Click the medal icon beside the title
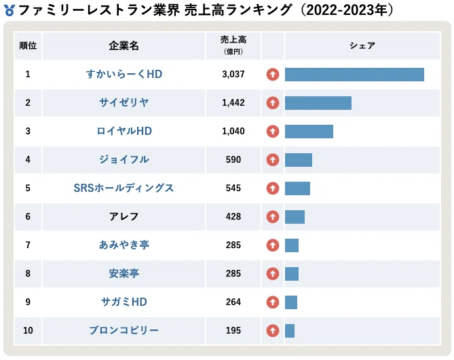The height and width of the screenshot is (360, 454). point(10,10)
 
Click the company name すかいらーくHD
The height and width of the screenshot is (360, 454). point(124,75)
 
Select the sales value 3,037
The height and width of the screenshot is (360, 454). point(233,75)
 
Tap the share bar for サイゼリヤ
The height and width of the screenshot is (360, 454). point(318,103)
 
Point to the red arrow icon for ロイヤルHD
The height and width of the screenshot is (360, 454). point(273,132)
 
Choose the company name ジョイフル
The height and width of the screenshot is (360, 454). point(124,159)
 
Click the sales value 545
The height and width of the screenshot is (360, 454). point(233,188)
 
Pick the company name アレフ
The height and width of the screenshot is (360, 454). point(124,216)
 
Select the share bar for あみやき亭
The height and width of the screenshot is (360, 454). point(292,245)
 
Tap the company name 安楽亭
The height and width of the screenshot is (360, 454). point(124,273)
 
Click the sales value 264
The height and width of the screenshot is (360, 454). point(233,302)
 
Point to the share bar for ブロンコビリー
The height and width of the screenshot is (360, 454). point(290,331)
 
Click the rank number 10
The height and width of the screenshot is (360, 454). point(28,330)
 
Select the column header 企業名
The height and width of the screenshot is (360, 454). point(124,45)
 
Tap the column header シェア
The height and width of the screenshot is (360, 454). point(362,45)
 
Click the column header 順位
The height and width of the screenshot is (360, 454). point(28,45)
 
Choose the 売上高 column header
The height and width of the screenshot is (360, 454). point(233,45)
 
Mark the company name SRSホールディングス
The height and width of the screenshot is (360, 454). point(124,188)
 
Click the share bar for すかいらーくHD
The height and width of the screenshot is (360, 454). point(354,75)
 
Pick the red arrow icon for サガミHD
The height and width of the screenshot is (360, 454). point(273,302)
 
